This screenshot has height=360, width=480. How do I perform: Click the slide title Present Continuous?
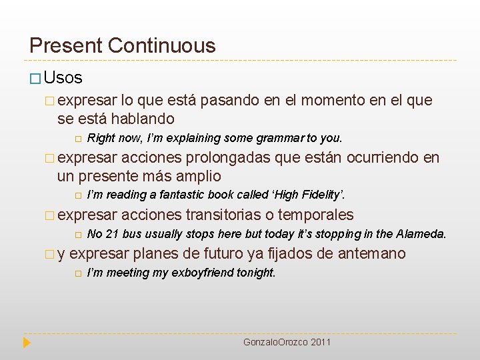coord(123,45)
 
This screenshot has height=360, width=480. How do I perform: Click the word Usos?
coord(65,78)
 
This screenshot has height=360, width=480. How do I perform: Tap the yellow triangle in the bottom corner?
coord(27,343)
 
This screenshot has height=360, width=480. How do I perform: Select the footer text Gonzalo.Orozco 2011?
coord(287,342)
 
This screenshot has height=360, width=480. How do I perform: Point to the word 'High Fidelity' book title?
coord(314,195)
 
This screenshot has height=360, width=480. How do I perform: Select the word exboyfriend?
coord(205,273)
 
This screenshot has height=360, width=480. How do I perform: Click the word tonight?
coord(256,273)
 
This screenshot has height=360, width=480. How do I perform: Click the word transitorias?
coord(223,215)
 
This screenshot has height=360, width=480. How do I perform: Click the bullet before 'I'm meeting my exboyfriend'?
coord(77,273)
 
